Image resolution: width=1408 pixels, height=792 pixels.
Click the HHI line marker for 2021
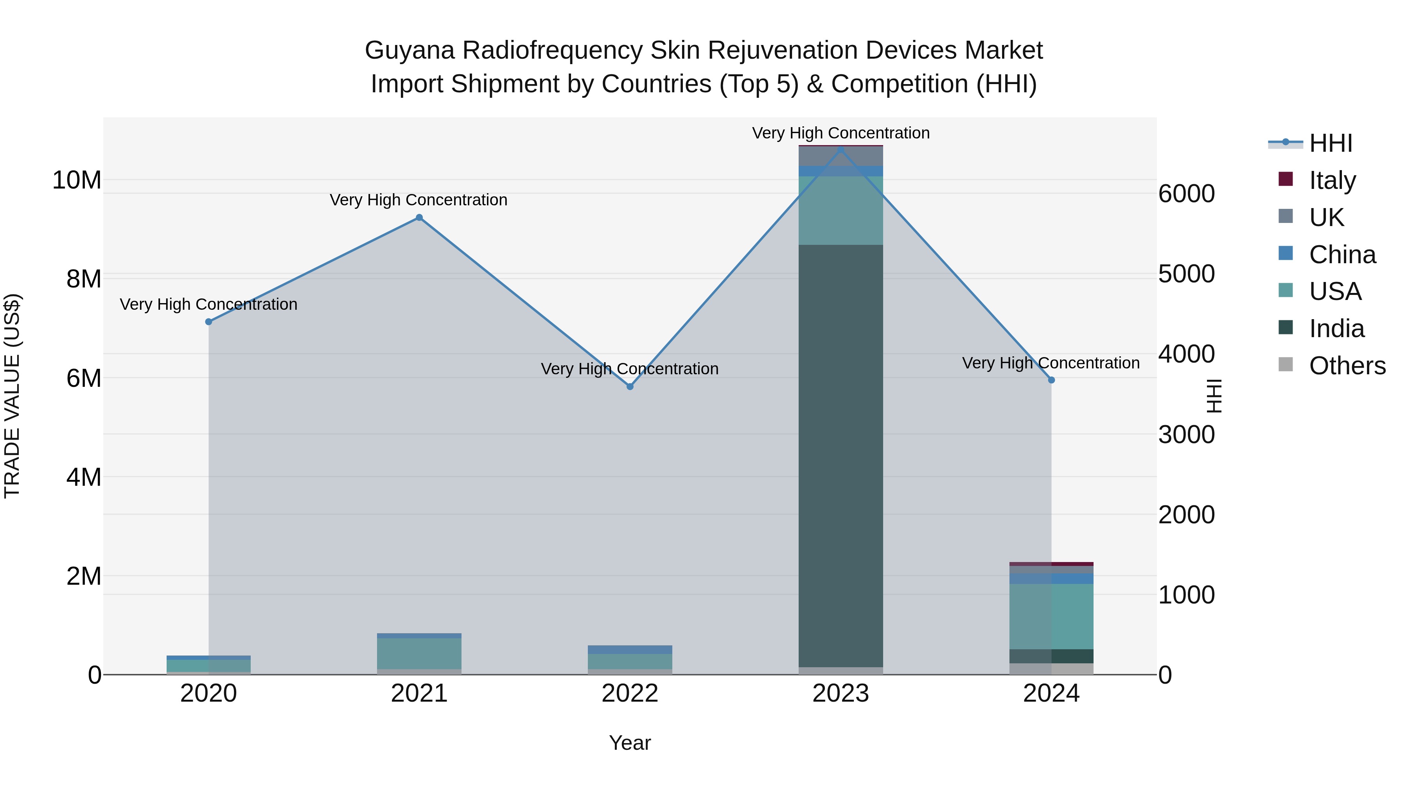[x=419, y=217]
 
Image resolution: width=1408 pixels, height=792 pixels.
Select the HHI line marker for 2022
[x=630, y=386]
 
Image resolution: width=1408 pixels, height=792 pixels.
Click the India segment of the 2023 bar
[x=840, y=454]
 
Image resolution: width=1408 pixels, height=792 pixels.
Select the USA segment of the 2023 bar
[x=840, y=210]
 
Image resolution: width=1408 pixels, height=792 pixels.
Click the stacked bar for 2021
[x=419, y=653]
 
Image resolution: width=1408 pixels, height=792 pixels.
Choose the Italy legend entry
[x=1332, y=180]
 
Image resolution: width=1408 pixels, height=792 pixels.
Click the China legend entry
[x=1342, y=255]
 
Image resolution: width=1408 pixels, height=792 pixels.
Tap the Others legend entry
[x=1347, y=366]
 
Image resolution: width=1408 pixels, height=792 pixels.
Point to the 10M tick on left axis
[x=77, y=180]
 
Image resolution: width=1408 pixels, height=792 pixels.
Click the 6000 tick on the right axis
[x=1187, y=194]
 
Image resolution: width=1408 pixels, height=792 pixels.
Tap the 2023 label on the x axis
[x=840, y=693]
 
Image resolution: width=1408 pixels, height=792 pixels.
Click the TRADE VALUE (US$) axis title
[x=12, y=396]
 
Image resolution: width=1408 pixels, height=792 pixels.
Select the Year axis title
[x=630, y=743]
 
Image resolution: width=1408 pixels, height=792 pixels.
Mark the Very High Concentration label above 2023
[x=840, y=133]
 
